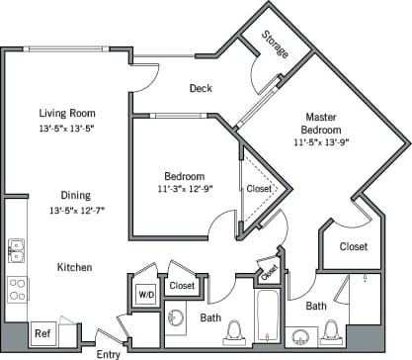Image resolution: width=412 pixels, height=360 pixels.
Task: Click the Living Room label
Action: pos(65,112)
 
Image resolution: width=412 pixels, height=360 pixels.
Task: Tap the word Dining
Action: pos(65,194)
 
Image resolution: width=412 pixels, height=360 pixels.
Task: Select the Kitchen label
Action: pos(74,267)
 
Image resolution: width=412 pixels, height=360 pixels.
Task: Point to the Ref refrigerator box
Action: pos(42,333)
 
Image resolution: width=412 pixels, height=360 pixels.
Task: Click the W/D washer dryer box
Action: pos(145,294)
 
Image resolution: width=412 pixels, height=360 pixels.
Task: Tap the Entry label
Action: pos(108,353)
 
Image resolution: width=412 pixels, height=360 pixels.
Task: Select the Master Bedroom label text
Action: pos(323,124)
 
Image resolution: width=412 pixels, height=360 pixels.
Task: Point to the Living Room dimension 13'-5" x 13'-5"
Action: pos(65,129)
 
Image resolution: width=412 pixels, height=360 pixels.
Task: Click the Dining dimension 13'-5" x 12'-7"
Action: pos(65,210)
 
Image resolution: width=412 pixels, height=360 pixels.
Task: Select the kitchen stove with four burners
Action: pos(17,288)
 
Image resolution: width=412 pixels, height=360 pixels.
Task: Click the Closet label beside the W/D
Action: pos(181,286)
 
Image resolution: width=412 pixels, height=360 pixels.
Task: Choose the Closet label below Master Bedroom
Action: pos(353,246)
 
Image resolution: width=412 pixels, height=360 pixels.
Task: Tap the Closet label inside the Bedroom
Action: pos(259,188)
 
